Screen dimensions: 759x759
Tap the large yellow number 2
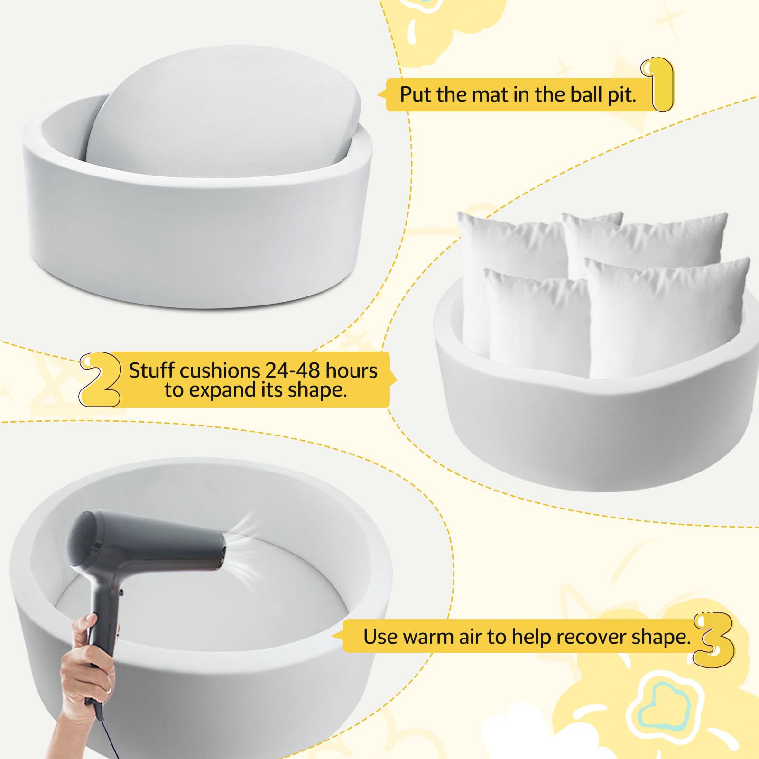[x=100, y=380]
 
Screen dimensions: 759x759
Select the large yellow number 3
[x=714, y=638]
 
